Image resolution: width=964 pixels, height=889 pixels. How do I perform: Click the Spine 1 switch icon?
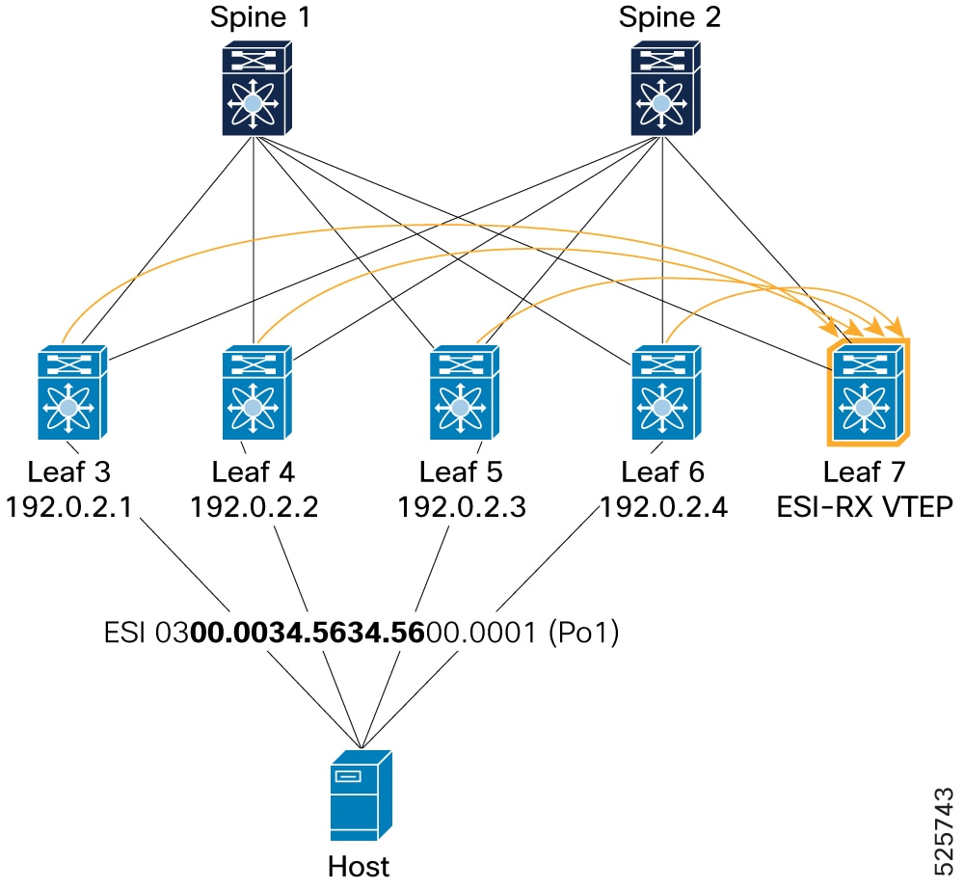[x=257, y=88]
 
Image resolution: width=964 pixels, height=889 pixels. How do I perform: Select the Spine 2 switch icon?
[x=666, y=88]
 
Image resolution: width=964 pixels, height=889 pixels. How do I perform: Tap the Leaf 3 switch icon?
[x=72, y=392]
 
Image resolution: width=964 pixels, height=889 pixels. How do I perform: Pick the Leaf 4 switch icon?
[x=257, y=392]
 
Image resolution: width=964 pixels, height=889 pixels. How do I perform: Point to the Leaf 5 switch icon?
[x=465, y=392]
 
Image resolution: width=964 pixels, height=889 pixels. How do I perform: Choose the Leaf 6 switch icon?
[x=666, y=392]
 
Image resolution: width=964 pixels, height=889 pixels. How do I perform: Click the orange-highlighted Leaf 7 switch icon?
[x=869, y=391]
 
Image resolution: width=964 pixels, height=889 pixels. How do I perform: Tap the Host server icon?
[x=361, y=795]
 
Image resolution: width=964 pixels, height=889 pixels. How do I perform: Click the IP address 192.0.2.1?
[x=68, y=507]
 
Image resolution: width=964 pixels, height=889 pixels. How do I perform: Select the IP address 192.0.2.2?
[x=254, y=507]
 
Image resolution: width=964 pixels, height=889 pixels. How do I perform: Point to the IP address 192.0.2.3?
[x=462, y=507]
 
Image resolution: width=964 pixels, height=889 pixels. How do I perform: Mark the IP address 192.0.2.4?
[x=663, y=507]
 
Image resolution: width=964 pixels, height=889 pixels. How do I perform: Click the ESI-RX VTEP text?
[x=865, y=507]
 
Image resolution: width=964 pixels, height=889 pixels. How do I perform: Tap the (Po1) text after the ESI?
[x=583, y=632]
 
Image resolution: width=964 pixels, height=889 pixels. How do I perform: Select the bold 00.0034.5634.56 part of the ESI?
[x=308, y=632]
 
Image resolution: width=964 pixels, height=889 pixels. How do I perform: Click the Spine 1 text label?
[x=260, y=17]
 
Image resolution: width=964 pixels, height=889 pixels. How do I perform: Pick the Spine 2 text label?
[x=670, y=17]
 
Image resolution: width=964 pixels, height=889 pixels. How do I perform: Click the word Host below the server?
[x=359, y=866]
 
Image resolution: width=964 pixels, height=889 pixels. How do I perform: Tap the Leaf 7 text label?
[x=865, y=472]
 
